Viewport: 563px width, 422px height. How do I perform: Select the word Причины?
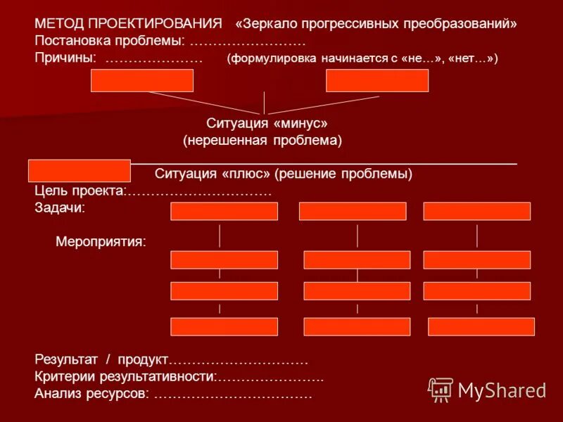point(65,58)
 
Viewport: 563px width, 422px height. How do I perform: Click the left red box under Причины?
point(142,80)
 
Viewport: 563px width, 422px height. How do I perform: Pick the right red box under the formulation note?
point(377,80)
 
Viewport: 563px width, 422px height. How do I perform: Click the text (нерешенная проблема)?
point(262,141)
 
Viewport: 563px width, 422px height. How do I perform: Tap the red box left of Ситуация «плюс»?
point(79,171)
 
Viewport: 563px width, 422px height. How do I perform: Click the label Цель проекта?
point(79,191)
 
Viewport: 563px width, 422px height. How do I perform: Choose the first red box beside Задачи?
point(224,211)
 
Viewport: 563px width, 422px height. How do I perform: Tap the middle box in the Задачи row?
point(352,211)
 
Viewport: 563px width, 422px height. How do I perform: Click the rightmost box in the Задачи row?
point(476,211)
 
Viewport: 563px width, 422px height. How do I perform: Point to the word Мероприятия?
point(101,242)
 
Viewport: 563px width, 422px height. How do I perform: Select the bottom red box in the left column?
point(224,326)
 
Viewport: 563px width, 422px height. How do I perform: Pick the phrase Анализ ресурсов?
point(91,394)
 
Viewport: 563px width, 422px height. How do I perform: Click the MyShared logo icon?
point(441,389)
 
